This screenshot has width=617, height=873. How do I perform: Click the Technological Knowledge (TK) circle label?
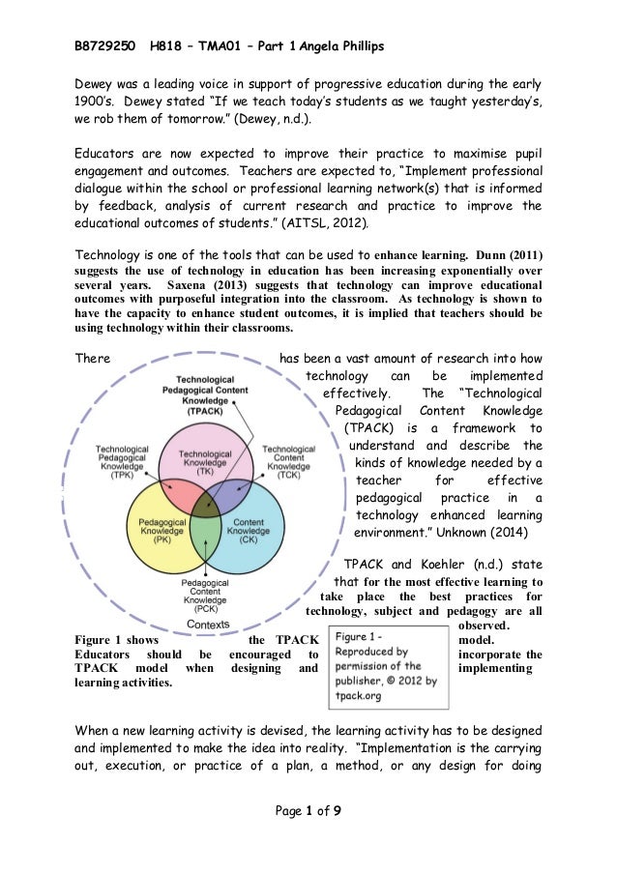click(x=205, y=461)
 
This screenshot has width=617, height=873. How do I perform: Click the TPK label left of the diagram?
click(x=122, y=462)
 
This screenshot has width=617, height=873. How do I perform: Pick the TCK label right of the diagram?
click(x=289, y=462)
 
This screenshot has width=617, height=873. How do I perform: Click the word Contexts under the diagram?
click(x=208, y=625)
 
